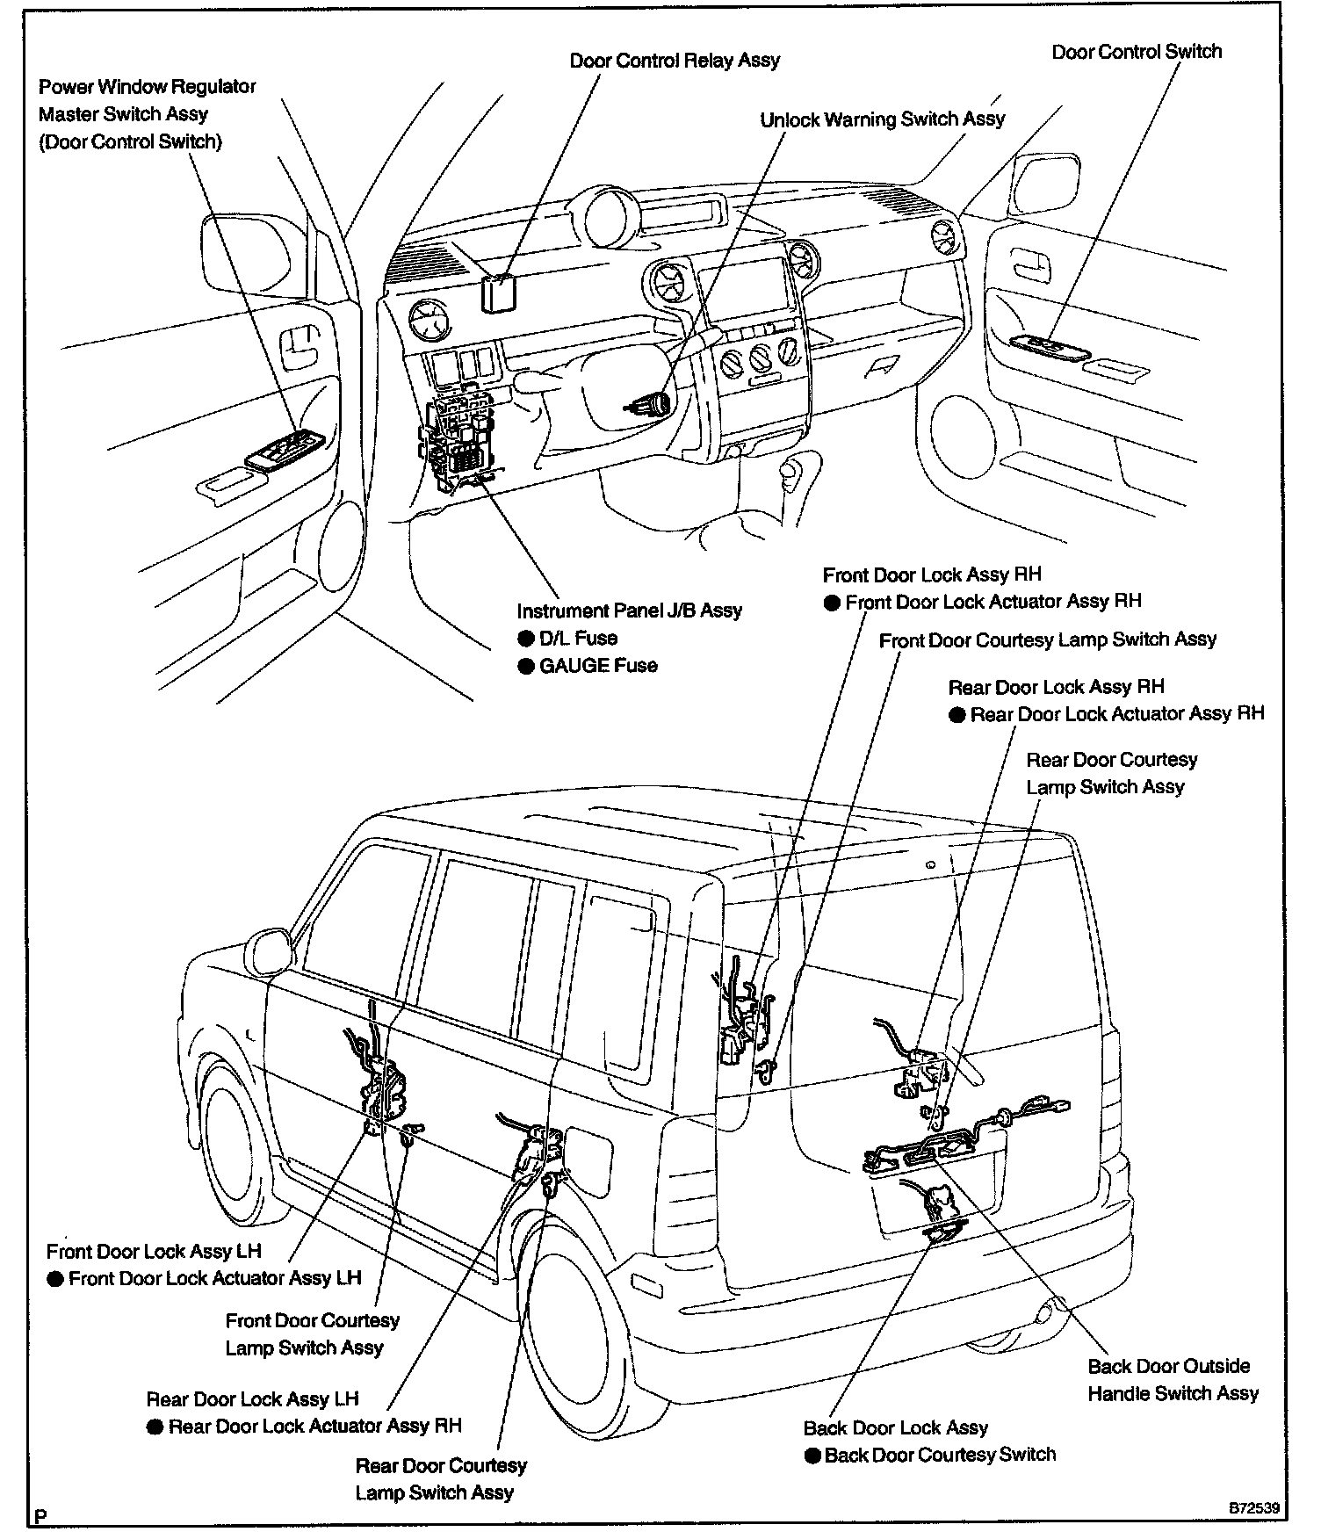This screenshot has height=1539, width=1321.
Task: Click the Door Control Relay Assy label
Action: coord(675,61)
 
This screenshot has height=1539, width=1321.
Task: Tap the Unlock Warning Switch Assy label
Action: coord(882,119)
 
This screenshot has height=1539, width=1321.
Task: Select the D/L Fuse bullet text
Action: coord(578,638)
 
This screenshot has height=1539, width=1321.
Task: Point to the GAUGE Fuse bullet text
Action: coord(598,666)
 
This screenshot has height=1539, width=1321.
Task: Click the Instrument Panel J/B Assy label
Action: coord(629,610)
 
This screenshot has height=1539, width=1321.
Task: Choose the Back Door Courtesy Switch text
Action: coord(940,1455)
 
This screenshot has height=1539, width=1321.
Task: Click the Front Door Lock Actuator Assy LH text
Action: coord(214,1278)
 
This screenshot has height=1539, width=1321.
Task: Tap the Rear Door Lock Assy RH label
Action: coord(1056,687)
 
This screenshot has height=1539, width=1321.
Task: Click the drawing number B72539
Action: coord(1253,1508)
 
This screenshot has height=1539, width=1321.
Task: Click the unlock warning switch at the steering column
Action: coord(650,405)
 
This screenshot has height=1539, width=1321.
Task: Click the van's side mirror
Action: coord(268,952)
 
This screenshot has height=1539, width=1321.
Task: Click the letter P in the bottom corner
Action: coord(40,1516)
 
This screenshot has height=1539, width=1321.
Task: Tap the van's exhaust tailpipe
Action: coord(1045,1313)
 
